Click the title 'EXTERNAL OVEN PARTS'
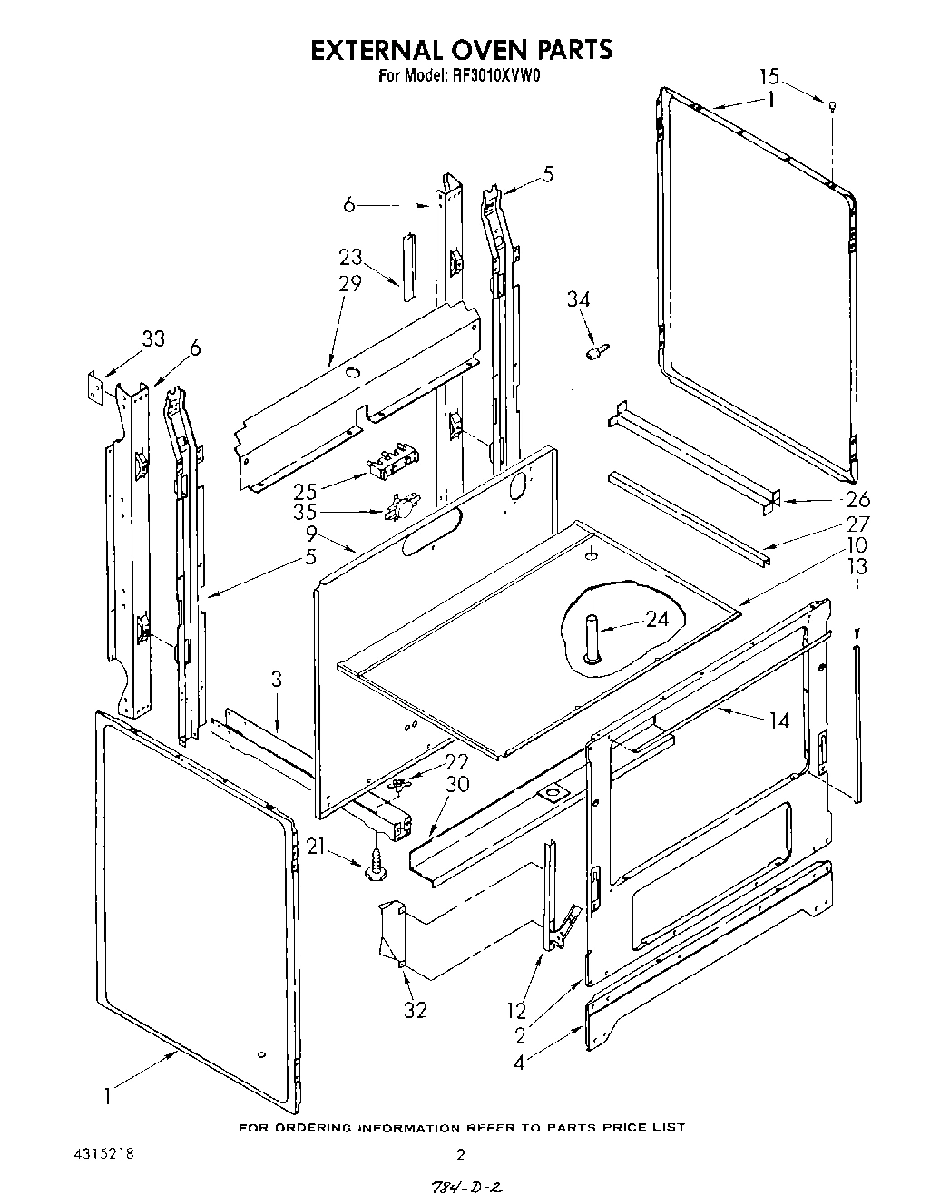click(x=461, y=49)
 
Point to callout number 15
click(x=769, y=77)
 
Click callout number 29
click(x=349, y=282)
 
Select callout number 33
click(x=153, y=338)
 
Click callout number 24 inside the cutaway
click(x=657, y=619)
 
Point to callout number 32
click(x=415, y=1009)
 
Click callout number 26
click(x=857, y=498)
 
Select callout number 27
click(x=857, y=524)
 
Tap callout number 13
click(x=857, y=567)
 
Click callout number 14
click(x=778, y=720)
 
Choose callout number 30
click(x=457, y=784)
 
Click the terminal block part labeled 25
click(x=388, y=465)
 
